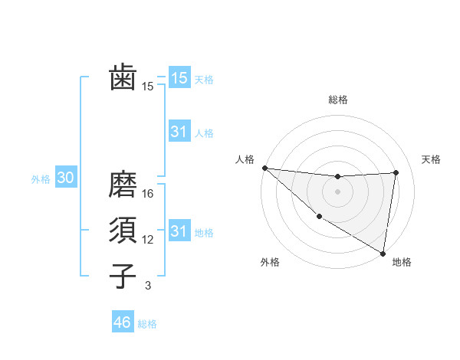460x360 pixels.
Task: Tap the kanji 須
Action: [x=123, y=230]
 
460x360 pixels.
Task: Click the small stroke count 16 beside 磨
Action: [x=148, y=194]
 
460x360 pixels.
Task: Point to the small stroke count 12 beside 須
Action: [x=148, y=240]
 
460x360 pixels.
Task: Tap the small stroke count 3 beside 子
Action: [x=148, y=286]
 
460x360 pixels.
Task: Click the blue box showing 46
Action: [x=123, y=322]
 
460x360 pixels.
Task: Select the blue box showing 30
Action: [x=66, y=178]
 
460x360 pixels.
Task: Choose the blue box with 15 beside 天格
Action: [x=179, y=77]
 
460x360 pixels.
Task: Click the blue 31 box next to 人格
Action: [x=179, y=132]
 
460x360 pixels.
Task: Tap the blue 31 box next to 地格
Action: [x=179, y=231]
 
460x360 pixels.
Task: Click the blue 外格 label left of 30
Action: [x=41, y=179]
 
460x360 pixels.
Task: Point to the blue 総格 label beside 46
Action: [x=147, y=324]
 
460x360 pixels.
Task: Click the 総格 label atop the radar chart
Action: [x=338, y=100]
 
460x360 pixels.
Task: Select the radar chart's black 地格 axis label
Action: [x=402, y=262]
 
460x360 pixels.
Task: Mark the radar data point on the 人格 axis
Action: [x=264, y=168]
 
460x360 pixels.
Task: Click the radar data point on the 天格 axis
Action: [x=396, y=172]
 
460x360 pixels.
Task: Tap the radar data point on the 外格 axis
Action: [x=319, y=217]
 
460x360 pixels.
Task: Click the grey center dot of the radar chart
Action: [x=338, y=191]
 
